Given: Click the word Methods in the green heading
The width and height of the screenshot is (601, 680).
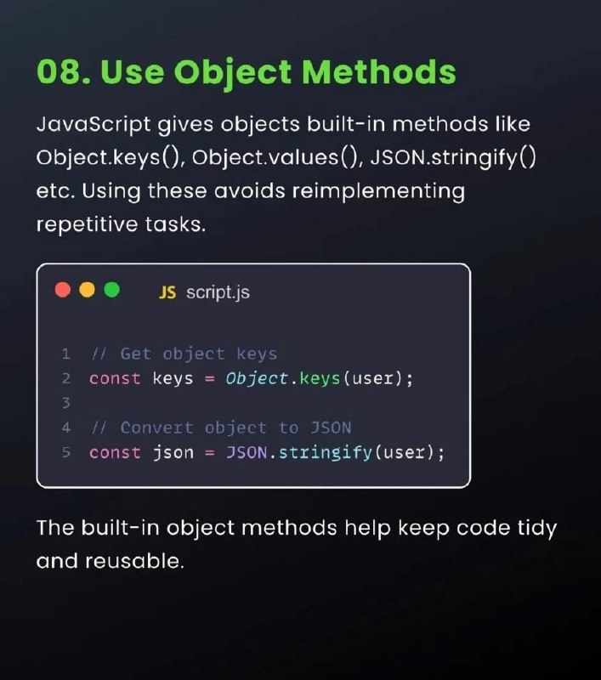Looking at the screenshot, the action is tap(378, 71).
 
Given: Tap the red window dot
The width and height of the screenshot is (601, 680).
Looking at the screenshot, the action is tap(63, 290).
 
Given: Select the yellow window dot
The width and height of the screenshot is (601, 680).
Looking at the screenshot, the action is tap(88, 290).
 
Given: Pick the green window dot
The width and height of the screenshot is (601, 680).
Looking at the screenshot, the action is tap(112, 290).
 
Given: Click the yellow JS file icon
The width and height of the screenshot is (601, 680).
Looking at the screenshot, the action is tap(167, 292).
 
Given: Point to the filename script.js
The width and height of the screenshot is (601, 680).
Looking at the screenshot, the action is tap(218, 292).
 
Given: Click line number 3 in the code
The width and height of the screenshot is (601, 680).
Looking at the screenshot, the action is tap(66, 403).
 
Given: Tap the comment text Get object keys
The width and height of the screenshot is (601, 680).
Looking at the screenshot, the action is tap(199, 354).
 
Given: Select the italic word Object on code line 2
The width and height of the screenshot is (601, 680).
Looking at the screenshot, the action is tap(257, 378).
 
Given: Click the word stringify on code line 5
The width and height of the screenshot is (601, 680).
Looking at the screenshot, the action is tap(326, 453).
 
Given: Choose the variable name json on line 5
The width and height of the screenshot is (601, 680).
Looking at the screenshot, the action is tap(173, 453).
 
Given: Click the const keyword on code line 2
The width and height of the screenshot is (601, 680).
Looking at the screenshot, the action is tap(115, 378).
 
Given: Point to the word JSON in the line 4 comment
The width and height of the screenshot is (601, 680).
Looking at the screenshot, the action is tap(331, 428).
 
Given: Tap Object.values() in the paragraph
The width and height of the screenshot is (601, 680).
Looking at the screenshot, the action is tap(275, 157).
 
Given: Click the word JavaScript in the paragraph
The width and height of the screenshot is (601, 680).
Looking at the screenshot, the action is tap(94, 125).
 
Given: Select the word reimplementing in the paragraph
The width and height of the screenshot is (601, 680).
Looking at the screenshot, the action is tap(378, 192).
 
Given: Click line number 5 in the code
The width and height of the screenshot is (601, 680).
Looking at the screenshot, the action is tap(66, 452).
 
